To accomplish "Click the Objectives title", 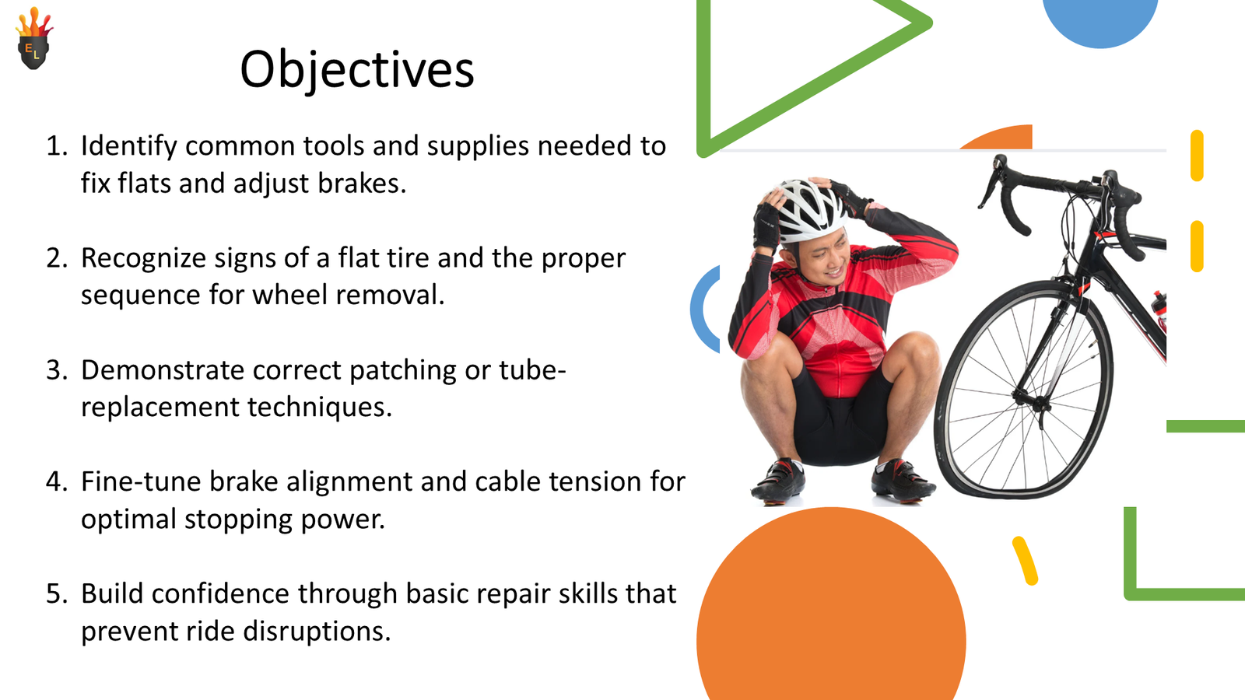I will pyautogui.click(x=356, y=70).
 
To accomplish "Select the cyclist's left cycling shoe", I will pyautogui.click(x=903, y=478).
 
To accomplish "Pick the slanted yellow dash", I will pyautogui.click(x=1025, y=560).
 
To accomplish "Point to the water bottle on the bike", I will pyautogui.click(x=1159, y=311).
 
